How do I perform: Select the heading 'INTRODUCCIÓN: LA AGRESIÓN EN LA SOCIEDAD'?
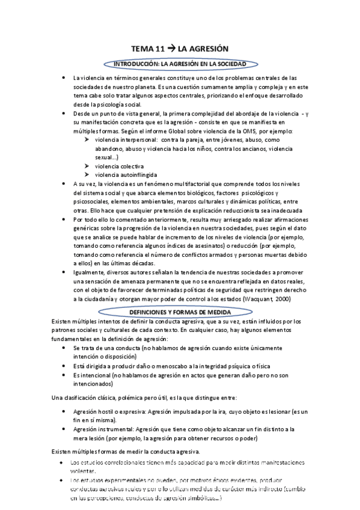point(180,63)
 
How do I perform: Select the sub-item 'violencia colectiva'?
point(120,166)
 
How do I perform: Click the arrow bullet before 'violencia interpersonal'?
point(88,140)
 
